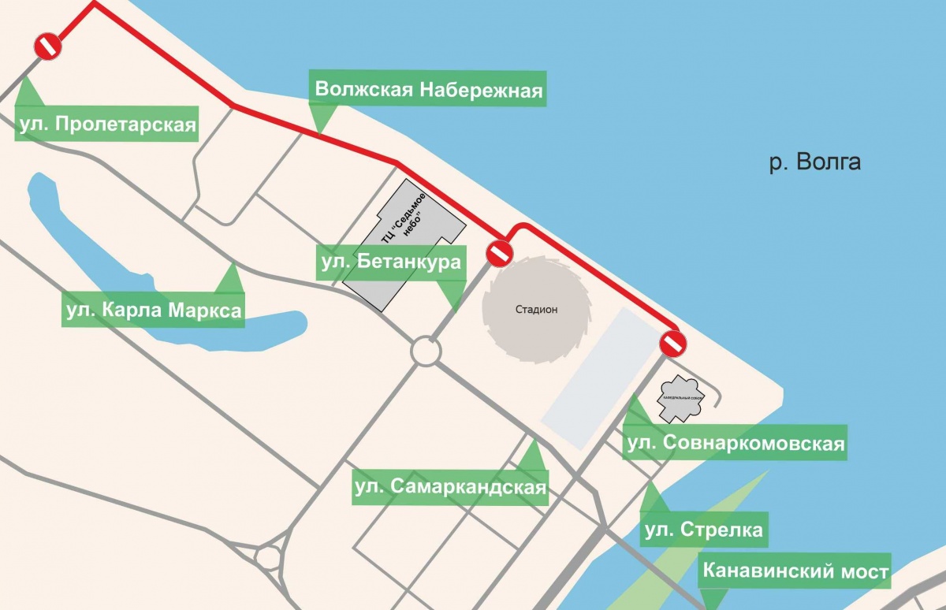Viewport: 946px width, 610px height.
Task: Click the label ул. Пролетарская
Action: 106,125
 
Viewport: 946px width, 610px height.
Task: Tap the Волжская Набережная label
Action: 429,89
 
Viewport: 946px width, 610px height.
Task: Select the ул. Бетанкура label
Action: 390,262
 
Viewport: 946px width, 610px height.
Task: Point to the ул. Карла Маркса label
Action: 153,311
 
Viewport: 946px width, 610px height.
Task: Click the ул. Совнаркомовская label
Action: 735,444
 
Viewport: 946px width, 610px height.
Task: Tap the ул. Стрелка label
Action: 703,530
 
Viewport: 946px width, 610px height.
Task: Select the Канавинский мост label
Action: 795,571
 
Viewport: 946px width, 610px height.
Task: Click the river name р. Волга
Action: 814,163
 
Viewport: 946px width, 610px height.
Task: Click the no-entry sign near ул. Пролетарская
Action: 48,46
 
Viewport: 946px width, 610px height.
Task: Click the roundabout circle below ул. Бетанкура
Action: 426,351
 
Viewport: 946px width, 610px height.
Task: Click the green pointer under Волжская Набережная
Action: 320,119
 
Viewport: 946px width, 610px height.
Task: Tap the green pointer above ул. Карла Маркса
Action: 230,278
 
